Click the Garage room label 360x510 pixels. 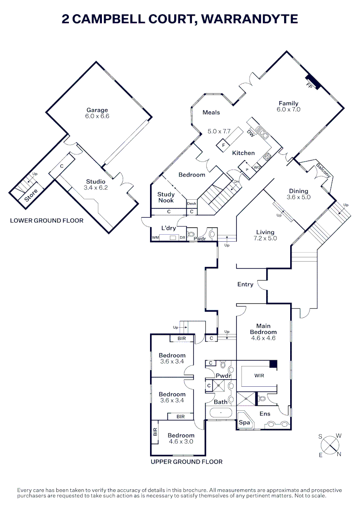pos(97,110)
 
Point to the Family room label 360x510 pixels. pos(288,103)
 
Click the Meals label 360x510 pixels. pos(211,112)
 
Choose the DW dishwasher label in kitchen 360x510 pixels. pos(251,134)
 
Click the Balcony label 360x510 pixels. pos(323,169)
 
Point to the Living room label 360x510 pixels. pos(265,232)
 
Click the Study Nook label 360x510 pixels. pos(166,197)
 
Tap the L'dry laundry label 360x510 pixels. pos(168,228)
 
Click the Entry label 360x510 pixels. pos(245,284)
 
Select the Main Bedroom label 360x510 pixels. pos(263,329)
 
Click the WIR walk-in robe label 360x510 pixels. pos(259,376)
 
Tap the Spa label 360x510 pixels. pos(244,423)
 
